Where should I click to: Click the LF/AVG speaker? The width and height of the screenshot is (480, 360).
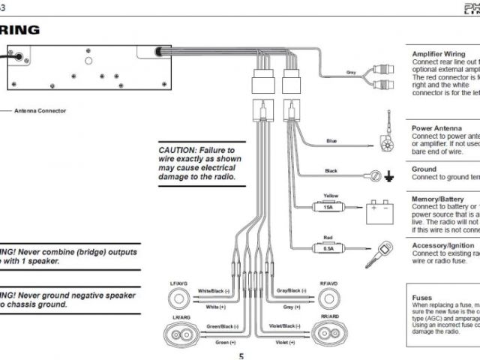click(179, 298)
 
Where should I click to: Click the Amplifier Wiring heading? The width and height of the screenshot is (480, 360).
click(439, 54)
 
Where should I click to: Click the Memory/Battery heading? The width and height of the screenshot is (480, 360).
click(439, 199)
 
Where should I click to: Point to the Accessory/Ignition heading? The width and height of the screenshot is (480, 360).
click(443, 245)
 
